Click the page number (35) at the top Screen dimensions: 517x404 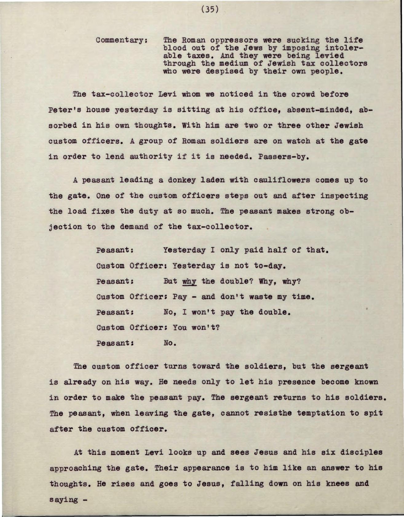[210, 10]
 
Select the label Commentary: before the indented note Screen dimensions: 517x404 [121, 41]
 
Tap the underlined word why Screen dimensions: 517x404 [189, 281]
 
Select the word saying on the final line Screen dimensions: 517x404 [64, 500]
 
